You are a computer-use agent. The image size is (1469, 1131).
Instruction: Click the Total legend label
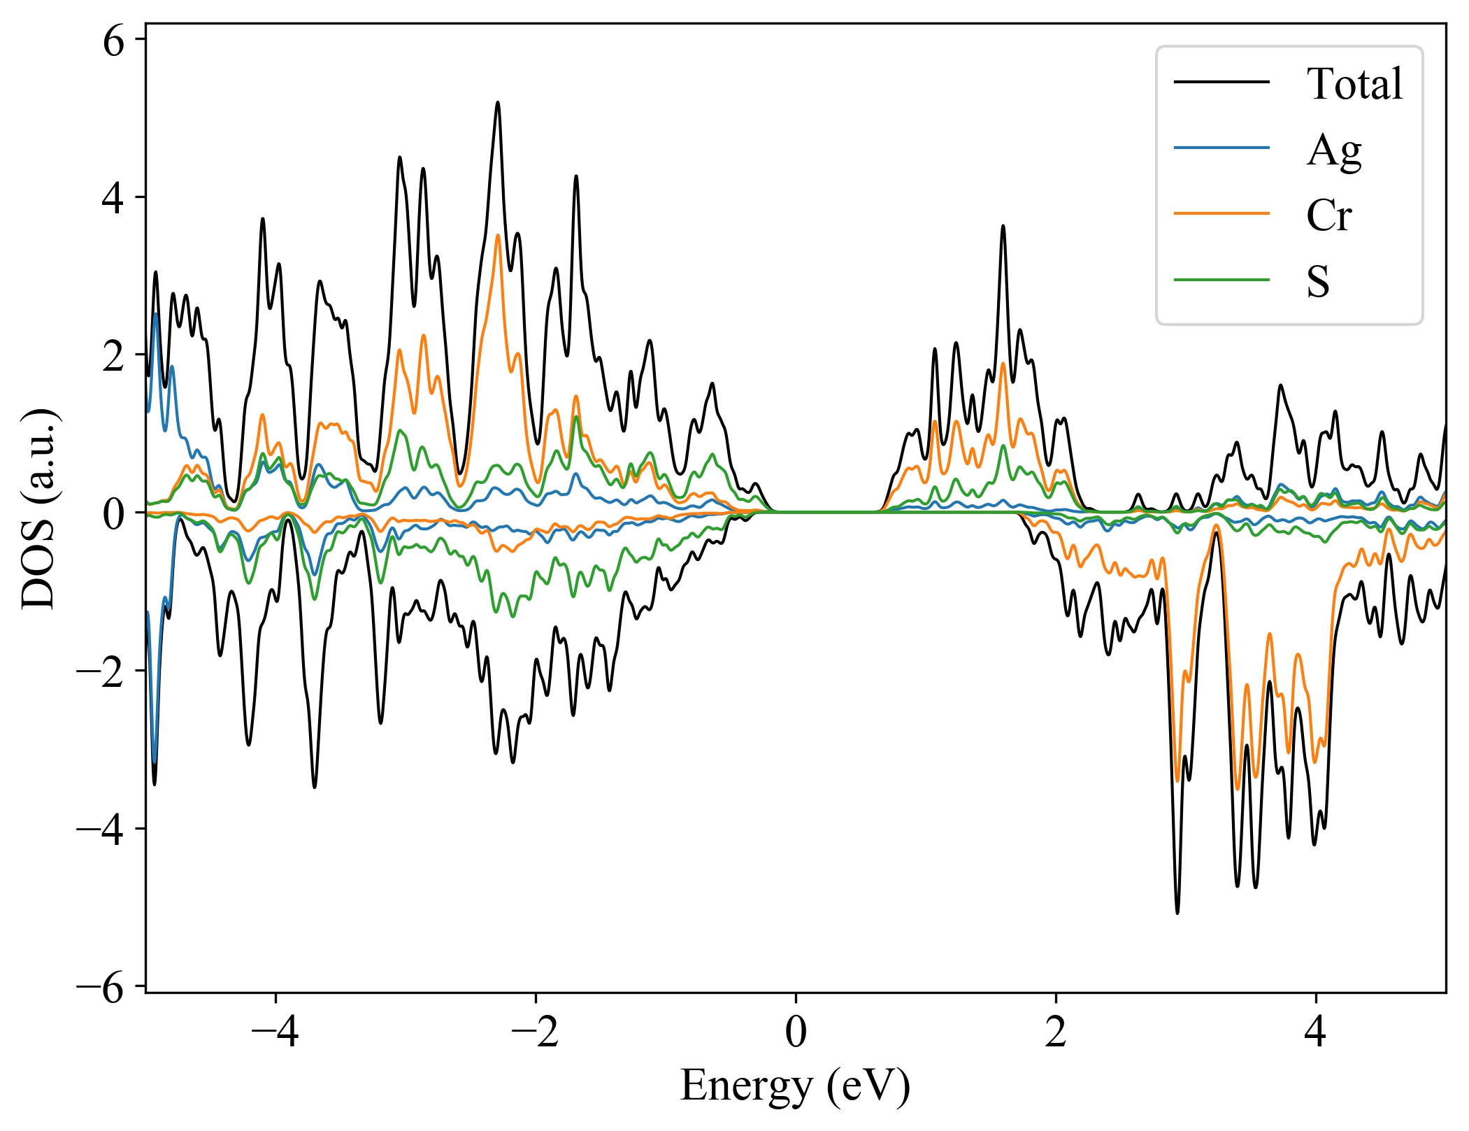(1354, 84)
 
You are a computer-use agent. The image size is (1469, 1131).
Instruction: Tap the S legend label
(1318, 281)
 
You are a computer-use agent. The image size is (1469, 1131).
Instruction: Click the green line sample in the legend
(1221, 280)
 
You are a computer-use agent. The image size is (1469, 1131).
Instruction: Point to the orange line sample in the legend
(1221, 213)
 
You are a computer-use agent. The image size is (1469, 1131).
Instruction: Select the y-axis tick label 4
(113, 199)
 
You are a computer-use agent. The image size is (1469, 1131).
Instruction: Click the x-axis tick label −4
(275, 1032)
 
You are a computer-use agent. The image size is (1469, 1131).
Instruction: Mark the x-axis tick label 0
(796, 1032)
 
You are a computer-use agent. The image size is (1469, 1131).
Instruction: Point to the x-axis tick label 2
(1056, 1032)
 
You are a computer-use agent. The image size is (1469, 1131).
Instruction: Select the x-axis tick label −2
(536, 1032)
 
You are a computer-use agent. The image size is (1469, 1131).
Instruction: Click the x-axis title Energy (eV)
(795, 1086)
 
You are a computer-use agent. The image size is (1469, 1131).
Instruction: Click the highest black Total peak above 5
(498, 103)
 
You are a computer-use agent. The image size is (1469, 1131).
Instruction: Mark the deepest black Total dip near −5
(1177, 912)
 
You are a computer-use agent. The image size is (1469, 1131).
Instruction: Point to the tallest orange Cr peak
(498, 235)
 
